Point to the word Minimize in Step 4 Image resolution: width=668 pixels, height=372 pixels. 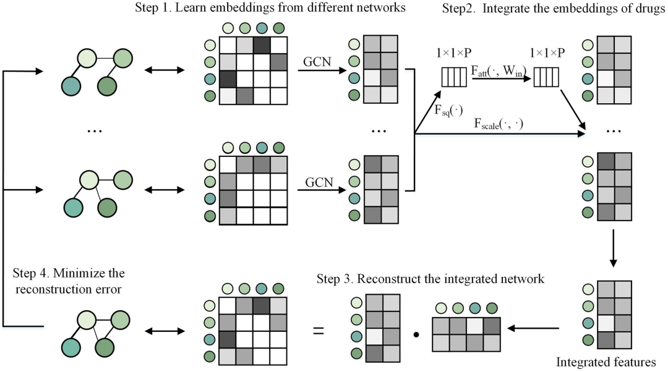click(x=83, y=272)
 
